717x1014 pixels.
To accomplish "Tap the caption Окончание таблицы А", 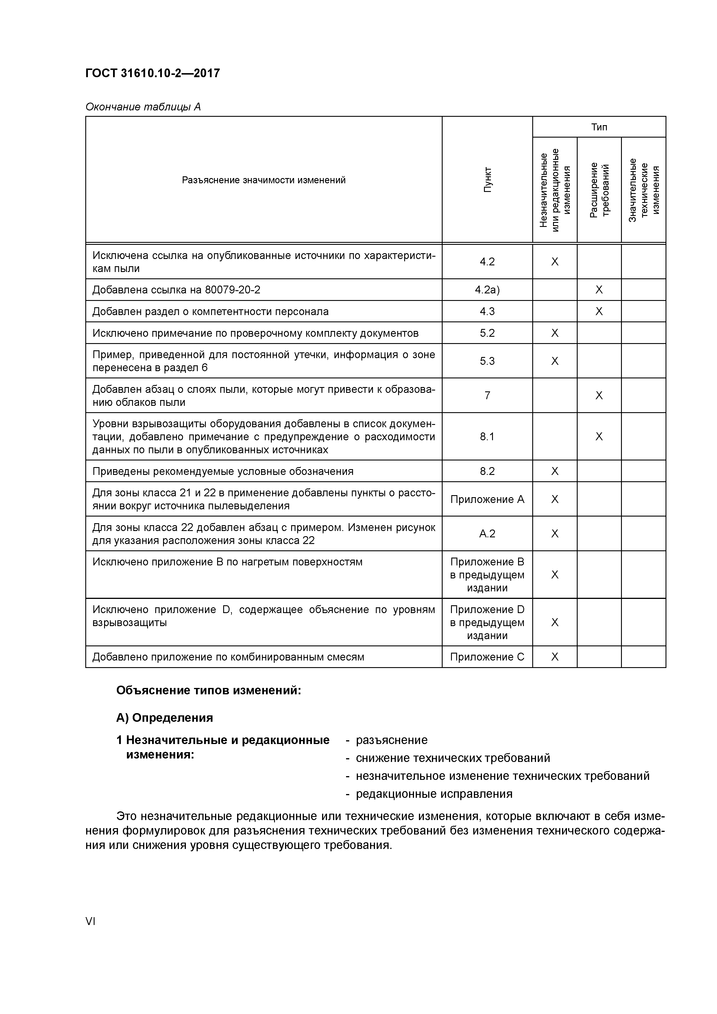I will pos(143,107).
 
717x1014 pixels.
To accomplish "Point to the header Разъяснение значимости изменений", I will pos(263,180).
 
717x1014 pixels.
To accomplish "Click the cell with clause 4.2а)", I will pos(487,290).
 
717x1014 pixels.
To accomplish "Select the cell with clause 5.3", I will pos(487,361).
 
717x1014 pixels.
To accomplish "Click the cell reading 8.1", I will pos(487,437).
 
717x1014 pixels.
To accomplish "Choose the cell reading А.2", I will pos(487,534).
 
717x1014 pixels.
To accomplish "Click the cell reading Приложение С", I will pos(487,657).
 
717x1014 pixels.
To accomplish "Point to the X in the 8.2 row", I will pos(555,471).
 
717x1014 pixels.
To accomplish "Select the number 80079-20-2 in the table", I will pos(232,290).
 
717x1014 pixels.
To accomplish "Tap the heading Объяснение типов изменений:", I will pos(208,691).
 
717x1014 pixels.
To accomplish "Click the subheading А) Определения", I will pos(164,718).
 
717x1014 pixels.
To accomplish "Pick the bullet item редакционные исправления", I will pos(434,794).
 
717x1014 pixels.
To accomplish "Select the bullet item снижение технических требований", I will pos(452,758).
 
